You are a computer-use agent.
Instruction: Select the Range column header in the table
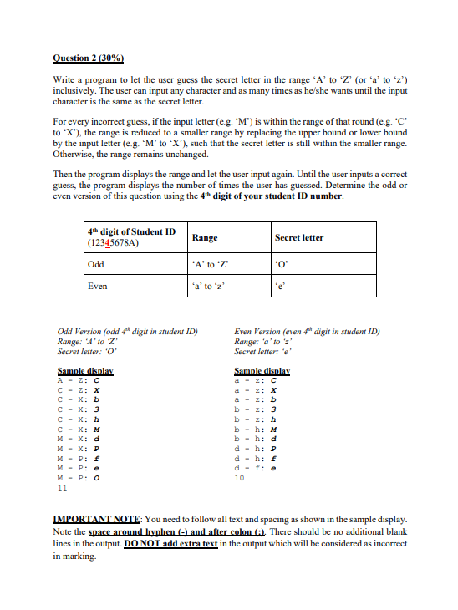click(x=205, y=238)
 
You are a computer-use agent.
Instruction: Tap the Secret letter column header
click(x=299, y=238)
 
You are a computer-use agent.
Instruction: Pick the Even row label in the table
click(x=98, y=286)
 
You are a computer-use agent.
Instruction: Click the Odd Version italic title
click(x=126, y=331)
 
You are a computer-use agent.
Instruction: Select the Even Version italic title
click(x=307, y=331)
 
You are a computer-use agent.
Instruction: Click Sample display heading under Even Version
click(x=262, y=369)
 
